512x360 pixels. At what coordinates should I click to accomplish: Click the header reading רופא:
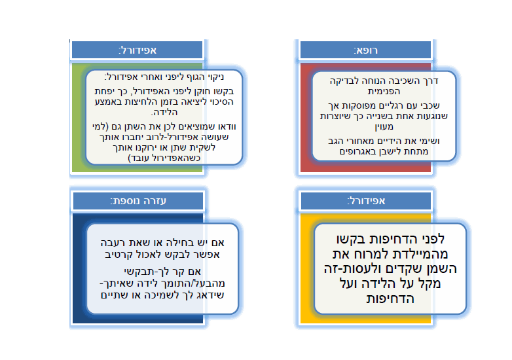coord(366,50)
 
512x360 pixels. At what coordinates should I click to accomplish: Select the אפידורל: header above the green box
coord(137,50)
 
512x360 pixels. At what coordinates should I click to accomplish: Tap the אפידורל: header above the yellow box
coord(366,201)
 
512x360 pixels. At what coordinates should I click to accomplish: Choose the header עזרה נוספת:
coord(138,201)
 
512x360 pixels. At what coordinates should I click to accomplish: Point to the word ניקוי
coord(215,77)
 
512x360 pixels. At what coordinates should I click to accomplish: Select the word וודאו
coord(226,126)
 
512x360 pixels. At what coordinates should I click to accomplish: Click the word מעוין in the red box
coord(384,127)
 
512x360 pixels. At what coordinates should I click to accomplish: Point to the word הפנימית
coord(384,92)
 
